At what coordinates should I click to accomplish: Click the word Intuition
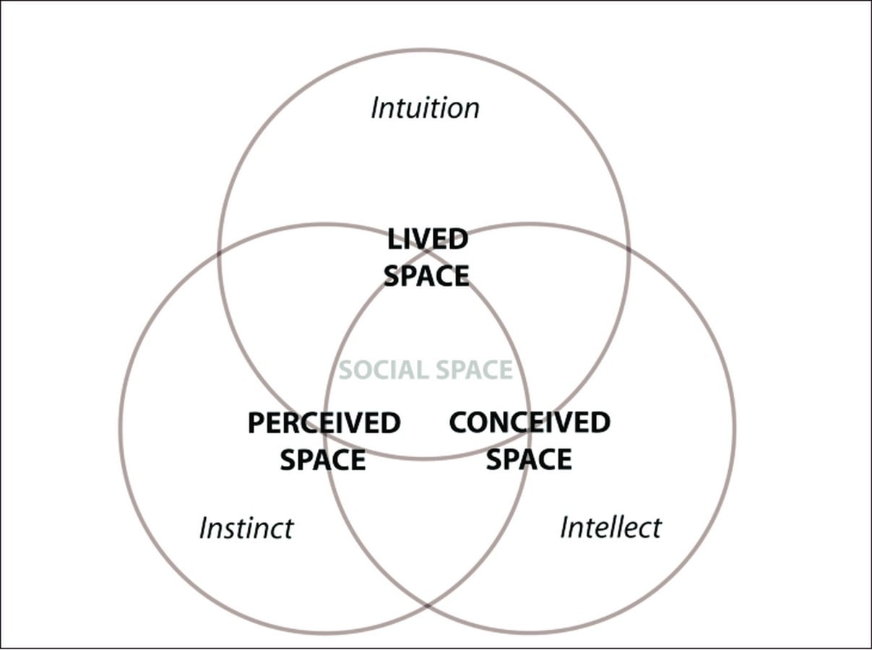coord(425,108)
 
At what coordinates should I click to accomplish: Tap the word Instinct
coord(246,529)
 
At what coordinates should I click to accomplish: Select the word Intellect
coord(610,527)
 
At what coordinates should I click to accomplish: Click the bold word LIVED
coord(428,239)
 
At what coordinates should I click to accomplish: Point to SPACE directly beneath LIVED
coord(427,276)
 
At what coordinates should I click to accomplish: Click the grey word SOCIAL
coord(384,370)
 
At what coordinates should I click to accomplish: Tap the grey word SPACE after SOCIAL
coord(475,370)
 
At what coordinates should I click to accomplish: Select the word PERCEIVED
coord(324,423)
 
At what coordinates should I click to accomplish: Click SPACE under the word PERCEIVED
coord(323,459)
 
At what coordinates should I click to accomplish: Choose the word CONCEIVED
coord(530,422)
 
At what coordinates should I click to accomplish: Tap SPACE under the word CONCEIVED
coord(529,459)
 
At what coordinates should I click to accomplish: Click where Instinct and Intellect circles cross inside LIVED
coord(427,251)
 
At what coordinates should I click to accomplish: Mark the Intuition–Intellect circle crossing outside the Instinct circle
coord(629,250)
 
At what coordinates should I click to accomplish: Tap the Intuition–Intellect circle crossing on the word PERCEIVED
coord(325,433)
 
